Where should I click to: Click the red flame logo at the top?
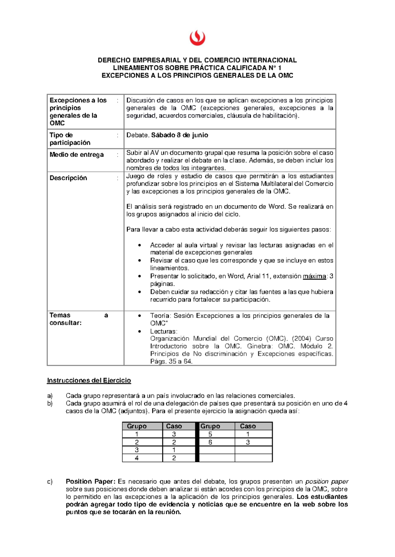click(x=197, y=38)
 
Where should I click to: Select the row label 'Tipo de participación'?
click(x=70, y=139)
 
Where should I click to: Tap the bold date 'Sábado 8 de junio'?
click(x=179, y=135)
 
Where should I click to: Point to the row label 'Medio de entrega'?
click(x=76, y=155)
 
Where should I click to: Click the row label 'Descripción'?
click(x=68, y=178)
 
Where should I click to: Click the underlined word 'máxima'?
click(x=314, y=276)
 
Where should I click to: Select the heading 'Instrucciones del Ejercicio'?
click(x=89, y=380)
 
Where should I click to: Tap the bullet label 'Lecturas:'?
click(x=164, y=331)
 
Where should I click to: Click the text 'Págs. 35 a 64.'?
click(x=171, y=361)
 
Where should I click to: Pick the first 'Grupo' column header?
click(x=137, y=426)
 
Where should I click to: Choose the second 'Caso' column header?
click(x=248, y=426)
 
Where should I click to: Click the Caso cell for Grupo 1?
click(x=174, y=434)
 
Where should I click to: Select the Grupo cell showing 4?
click(x=137, y=458)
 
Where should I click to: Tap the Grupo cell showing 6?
click(x=210, y=442)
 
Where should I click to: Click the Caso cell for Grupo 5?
click(x=248, y=434)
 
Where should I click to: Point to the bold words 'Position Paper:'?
click(x=91, y=482)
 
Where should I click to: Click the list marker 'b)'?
click(x=50, y=403)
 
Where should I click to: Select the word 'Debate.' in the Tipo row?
click(x=138, y=135)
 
